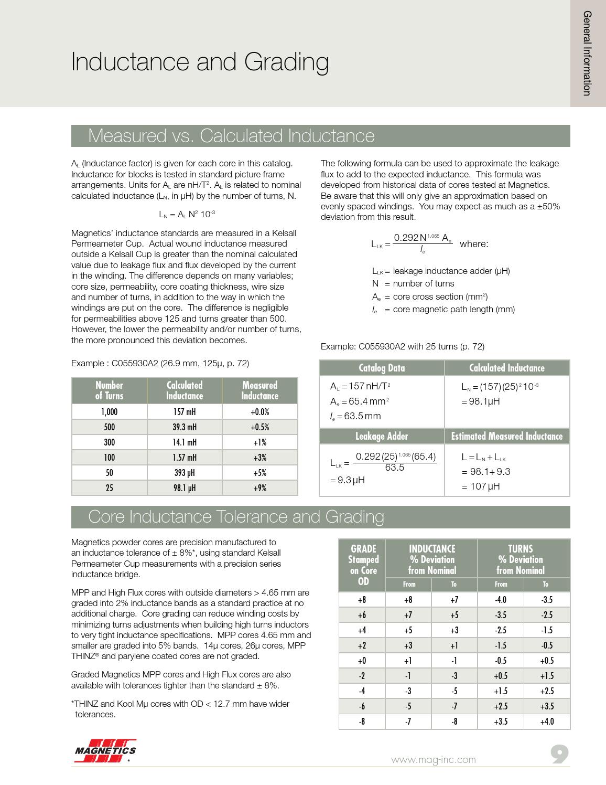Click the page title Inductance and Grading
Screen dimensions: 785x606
(200, 62)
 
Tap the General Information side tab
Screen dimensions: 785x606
(587, 53)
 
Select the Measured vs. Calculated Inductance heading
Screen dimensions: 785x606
(231, 136)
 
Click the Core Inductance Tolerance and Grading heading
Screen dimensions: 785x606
(236, 517)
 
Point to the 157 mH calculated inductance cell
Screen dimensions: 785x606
(185, 412)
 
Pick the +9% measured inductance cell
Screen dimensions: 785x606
(259, 488)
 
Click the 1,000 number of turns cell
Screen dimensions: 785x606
(109, 412)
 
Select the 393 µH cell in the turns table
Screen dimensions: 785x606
(185, 473)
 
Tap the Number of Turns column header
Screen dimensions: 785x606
(109, 390)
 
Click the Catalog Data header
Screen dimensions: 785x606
(381, 368)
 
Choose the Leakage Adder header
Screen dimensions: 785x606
(381, 436)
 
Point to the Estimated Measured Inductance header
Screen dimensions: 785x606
(506, 436)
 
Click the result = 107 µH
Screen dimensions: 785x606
(481, 486)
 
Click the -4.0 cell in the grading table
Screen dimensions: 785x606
(501, 600)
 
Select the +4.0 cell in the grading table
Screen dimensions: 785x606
(547, 722)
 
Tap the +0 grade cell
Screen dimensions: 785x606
(362, 661)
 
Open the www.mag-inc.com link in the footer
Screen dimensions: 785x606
(434, 759)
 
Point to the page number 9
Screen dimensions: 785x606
(559, 755)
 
